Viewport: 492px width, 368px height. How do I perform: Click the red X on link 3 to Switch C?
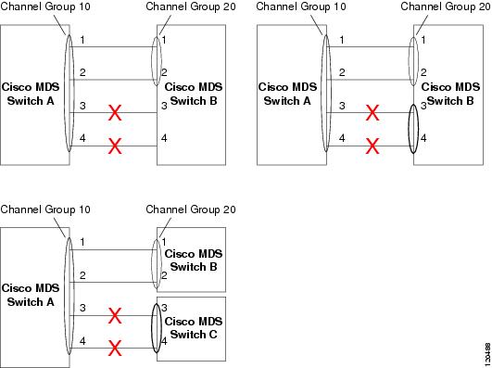115,317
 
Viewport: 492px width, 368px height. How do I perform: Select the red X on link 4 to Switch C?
115,349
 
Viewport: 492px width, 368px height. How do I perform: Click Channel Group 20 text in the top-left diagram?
191,6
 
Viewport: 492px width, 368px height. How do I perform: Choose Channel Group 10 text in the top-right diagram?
300,6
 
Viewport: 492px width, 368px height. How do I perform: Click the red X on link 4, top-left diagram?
115,146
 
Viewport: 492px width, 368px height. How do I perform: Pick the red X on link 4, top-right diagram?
372,146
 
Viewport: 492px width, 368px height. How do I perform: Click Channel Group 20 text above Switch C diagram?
191,209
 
